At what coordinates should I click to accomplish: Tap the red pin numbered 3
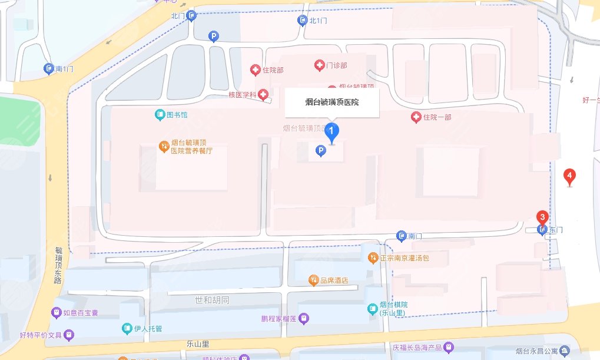pyautogui.click(x=542, y=217)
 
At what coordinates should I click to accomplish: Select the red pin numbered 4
pyautogui.click(x=569, y=176)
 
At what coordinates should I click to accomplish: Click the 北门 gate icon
pyautogui.click(x=191, y=16)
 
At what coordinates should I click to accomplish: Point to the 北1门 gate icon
pyautogui.click(x=302, y=21)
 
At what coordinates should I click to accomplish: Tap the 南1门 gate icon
pyautogui.click(x=49, y=69)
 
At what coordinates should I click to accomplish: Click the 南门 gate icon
pyautogui.click(x=402, y=236)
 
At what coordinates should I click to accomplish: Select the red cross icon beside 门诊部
pyautogui.click(x=319, y=65)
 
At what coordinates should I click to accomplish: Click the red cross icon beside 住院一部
pyautogui.click(x=416, y=117)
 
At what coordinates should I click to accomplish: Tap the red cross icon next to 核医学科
pyautogui.click(x=263, y=94)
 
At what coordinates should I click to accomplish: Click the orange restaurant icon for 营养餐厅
pyautogui.click(x=164, y=146)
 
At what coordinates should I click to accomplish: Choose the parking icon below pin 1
pyautogui.click(x=321, y=151)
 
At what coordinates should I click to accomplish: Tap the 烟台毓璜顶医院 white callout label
pyautogui.click(x=332, y=103)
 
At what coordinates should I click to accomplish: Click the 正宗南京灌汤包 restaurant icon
pyautogui.click(x=373, y=257)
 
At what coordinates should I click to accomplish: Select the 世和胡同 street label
pyautogui.click(x=211, y=300)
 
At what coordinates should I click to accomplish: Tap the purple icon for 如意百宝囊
pyautogui.click(x=57, y=312)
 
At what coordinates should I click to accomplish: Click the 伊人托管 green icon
pyautogui.click(x=127, y=328)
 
